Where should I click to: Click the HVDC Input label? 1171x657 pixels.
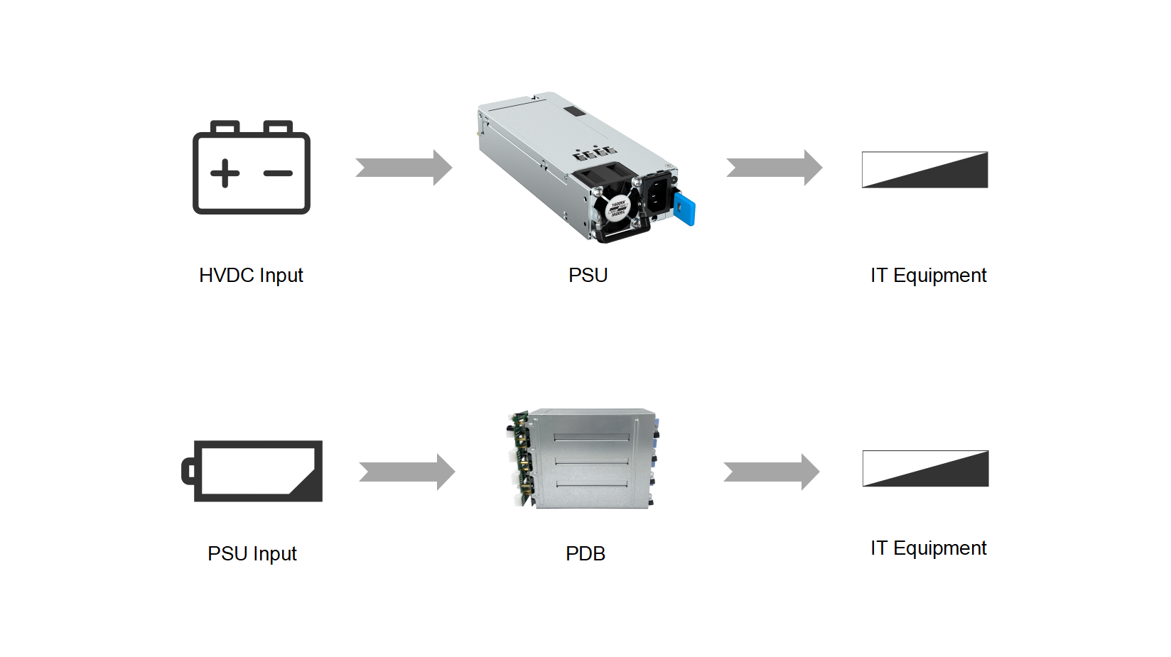coord(251,276)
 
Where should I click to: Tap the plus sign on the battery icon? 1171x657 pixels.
coord(225,173)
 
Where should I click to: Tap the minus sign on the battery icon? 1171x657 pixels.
coord(278,173)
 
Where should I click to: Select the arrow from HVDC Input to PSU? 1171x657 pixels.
coord(404,168)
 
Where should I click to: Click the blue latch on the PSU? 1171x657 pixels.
coord(685,210)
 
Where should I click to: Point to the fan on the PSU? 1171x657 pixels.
coord(617,207)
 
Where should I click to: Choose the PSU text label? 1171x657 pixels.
coord(588,276)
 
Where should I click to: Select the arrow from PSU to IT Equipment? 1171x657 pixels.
coord(774,168)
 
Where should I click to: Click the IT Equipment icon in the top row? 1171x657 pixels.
coord(924,170)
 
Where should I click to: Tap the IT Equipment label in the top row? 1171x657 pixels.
coord(928,276)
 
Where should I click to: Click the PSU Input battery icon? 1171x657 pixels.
coord(253,471)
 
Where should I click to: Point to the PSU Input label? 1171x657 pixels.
coord(252,554)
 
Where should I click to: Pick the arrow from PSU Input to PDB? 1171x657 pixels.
coord(406,472)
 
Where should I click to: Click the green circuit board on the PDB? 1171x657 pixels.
coord(522,458)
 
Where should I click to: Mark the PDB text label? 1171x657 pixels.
coord(585,554)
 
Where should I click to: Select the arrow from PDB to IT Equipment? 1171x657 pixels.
coord(771,472)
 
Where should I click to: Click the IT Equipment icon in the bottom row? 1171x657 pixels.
coord(925,469)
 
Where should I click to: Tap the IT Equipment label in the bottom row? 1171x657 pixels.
coord(928,548)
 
